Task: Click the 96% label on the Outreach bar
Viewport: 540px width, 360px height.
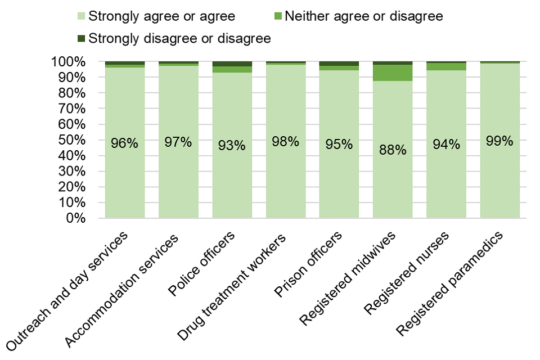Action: pyautogui.click(x=124, y=143)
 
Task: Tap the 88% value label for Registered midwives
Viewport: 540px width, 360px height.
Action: pyautogui.click(x=393, y=150)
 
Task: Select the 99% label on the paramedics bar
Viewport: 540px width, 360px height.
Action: pyautogui.click(x=499, y=141)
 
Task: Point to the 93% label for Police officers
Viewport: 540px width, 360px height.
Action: pyautogui.click(x=232, y=145)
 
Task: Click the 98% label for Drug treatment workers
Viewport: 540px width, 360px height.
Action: pyautogui.click(x=285, y=141)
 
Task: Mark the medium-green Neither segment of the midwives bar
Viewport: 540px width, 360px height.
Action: pyautogui.click(x=393, y=73)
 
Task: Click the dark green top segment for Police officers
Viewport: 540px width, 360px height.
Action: pyautogui.click(x=232, y=64)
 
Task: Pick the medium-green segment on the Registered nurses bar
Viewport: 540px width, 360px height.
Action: pyautogui.click(x=446, y=66)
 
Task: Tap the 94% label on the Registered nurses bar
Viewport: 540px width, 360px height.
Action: pyautogui.click(x=446, y=145)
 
